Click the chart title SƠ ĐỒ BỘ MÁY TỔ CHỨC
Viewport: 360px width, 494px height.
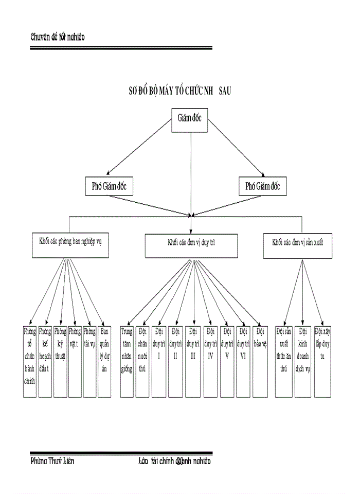(x=180, y=91)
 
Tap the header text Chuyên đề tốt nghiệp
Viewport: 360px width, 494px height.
(x=57, y=37)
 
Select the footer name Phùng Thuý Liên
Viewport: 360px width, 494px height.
(x=52, y=461)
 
